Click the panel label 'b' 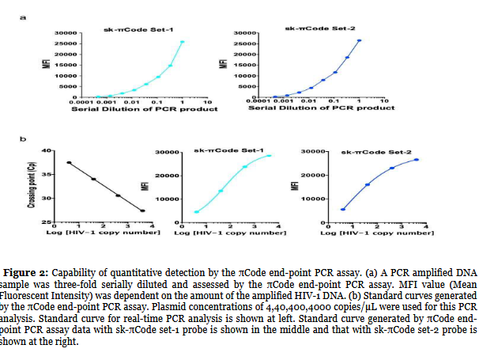click(x=23, y=139)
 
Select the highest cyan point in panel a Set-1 click(x=183, y=42)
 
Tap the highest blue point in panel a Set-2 click(x=359, y=40)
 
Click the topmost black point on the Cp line click(x=69, y=162)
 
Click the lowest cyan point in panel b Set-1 click(x=197, y=211)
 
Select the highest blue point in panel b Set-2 click(x=416, y=160)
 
